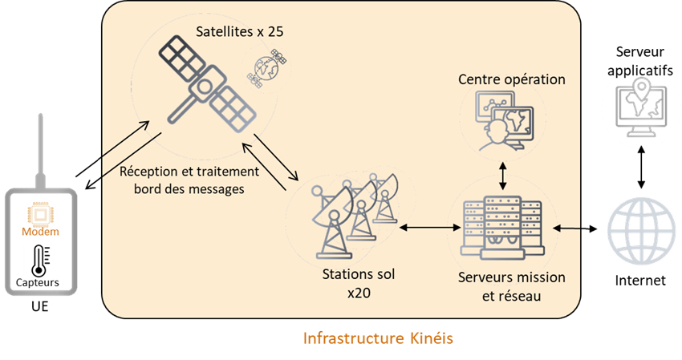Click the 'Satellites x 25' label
coord(241,33)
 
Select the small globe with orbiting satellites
coord(268,69)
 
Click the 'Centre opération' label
coord(512,79)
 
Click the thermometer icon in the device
coord(38,261)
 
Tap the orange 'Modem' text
coord(38,232)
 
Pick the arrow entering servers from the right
coord(568,229)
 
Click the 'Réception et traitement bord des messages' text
coord(189,179)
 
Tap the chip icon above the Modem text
coord(38,213)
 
